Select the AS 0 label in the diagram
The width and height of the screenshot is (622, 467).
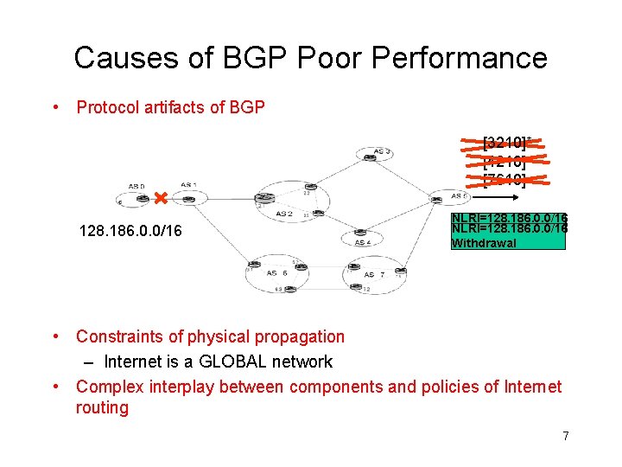click(x=136, y=186)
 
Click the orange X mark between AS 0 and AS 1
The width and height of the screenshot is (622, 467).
click(x=160, y=200)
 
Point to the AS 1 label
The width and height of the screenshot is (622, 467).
click(x=188, y=185)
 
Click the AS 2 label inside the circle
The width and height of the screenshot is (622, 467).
click(x=284, y=213)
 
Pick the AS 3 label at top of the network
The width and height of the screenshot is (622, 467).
click(x=383, y=152)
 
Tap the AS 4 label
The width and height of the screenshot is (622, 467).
click(x=364, y=242)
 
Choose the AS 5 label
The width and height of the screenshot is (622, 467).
click(x=459, y=196)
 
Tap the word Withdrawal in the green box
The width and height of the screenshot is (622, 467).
click(x=484, y=243)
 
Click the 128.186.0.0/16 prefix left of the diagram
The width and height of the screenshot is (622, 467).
click(x=130, y=232)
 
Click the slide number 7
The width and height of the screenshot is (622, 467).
click(x=566, y=436)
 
